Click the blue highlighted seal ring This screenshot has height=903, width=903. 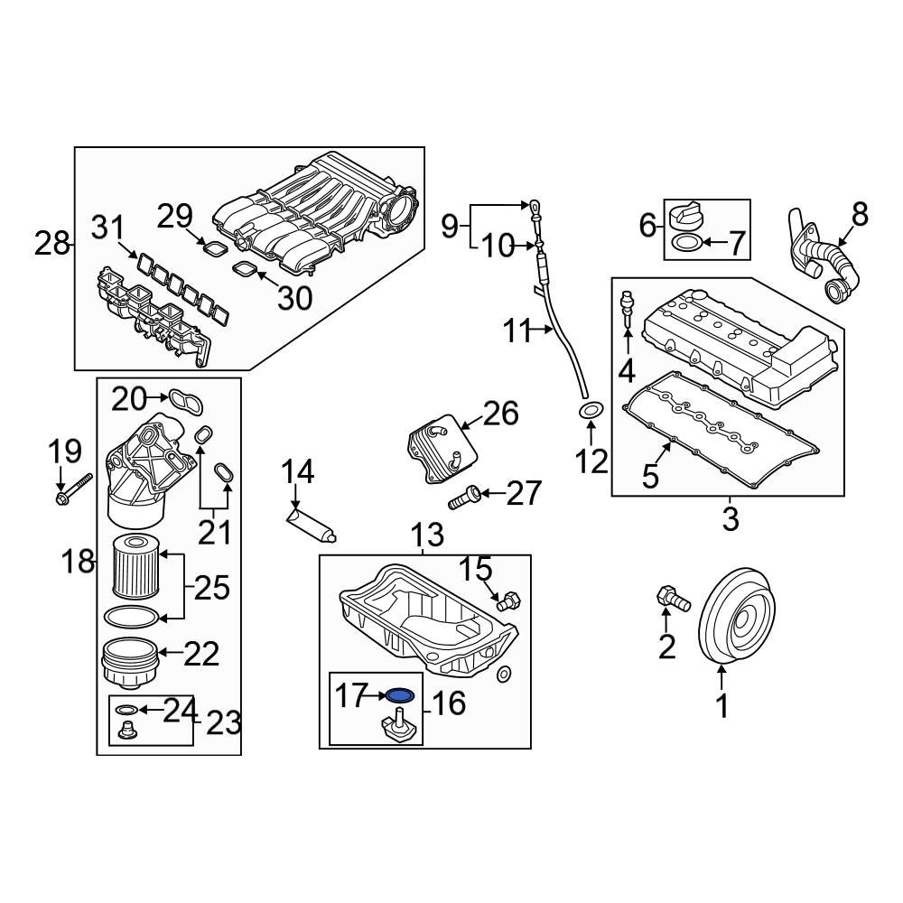[401, 695]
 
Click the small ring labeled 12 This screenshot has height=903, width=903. [590, 413]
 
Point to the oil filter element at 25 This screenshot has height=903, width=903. [137, 565]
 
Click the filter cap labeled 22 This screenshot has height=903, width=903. [126, 661]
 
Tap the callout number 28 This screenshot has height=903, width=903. [52, 243]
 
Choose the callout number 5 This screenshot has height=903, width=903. [651, 476]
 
